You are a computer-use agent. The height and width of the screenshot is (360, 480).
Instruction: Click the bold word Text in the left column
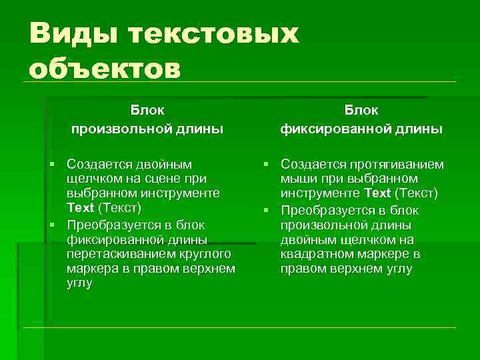(x=80, y=208)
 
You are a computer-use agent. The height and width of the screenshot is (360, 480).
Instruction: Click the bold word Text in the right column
(x=377, y=193)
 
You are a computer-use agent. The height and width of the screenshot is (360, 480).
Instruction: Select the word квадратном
(x=319, y=254)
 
